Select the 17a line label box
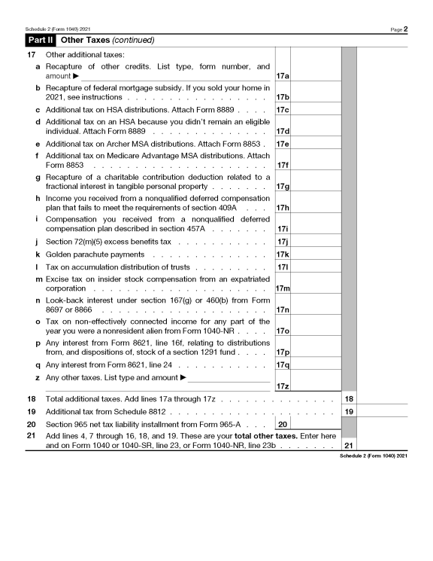click(x=283, y=76)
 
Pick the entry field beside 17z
click(x=316, y=386)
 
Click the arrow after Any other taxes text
click(x=183, y=377)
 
